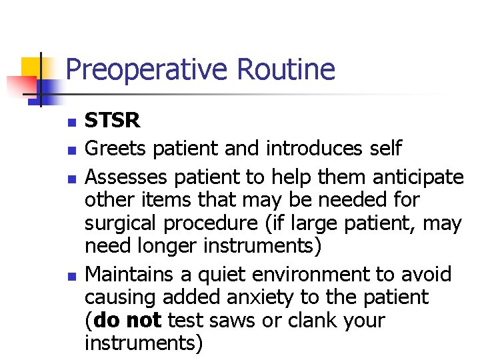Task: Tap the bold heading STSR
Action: (x=113, y=121)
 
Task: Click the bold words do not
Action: (x=127, y=320)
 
